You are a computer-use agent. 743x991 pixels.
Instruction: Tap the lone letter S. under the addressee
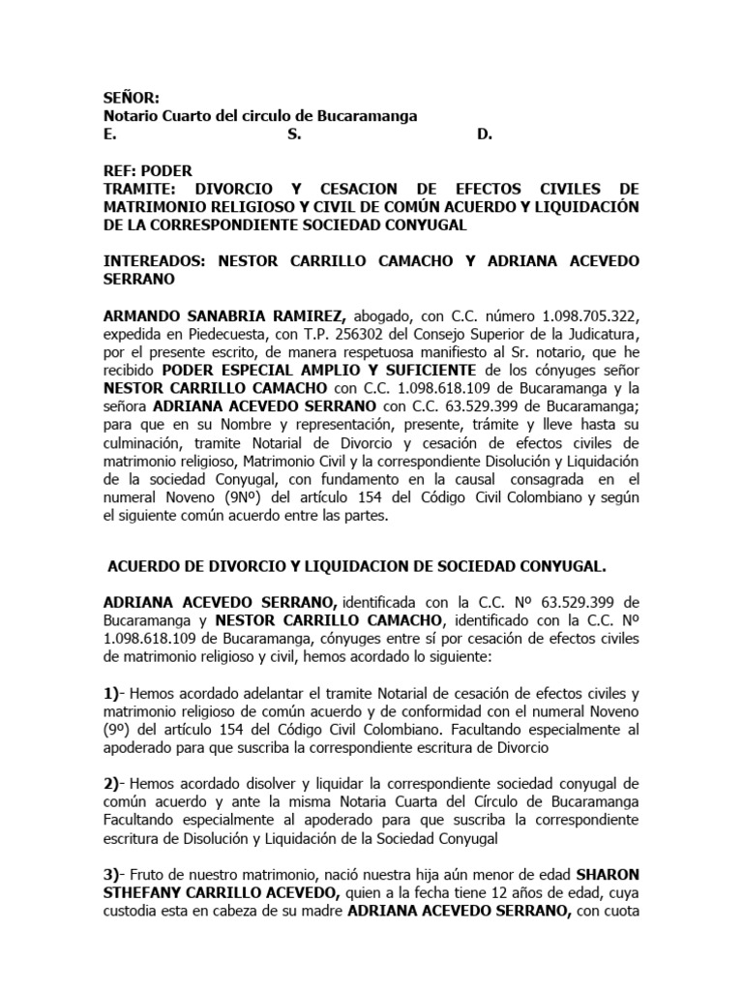tap(294, 135)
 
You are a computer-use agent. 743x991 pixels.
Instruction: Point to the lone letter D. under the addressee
tap(485, 135)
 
